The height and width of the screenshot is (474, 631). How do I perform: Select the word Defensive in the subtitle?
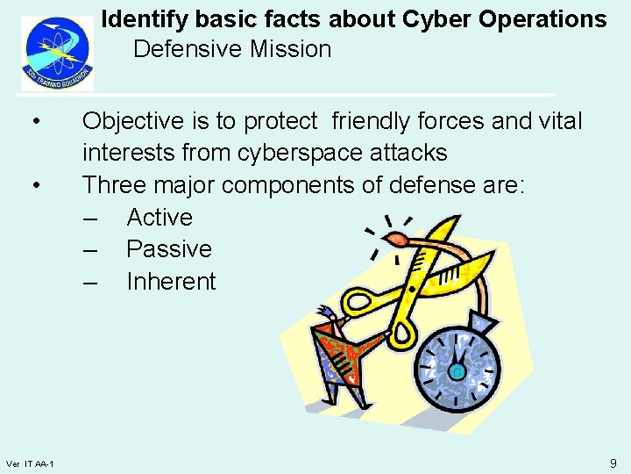[x=188, y=49]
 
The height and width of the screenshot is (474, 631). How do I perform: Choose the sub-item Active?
[x=160, y=217]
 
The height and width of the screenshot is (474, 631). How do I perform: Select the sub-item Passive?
[x=169, y=249]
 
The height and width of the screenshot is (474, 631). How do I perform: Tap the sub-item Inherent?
[x=171, y=282]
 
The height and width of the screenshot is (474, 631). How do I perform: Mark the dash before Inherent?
[x=90, y=282]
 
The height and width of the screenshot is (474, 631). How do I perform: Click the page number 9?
[x=613, y=463]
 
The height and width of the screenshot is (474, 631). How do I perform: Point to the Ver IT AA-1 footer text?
[x=30, y=463]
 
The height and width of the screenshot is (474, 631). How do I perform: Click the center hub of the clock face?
[x=456, y=371]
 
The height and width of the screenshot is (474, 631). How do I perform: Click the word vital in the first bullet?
[x=558, y=121]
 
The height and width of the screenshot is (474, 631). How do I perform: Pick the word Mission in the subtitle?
[x=290, y=49]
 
